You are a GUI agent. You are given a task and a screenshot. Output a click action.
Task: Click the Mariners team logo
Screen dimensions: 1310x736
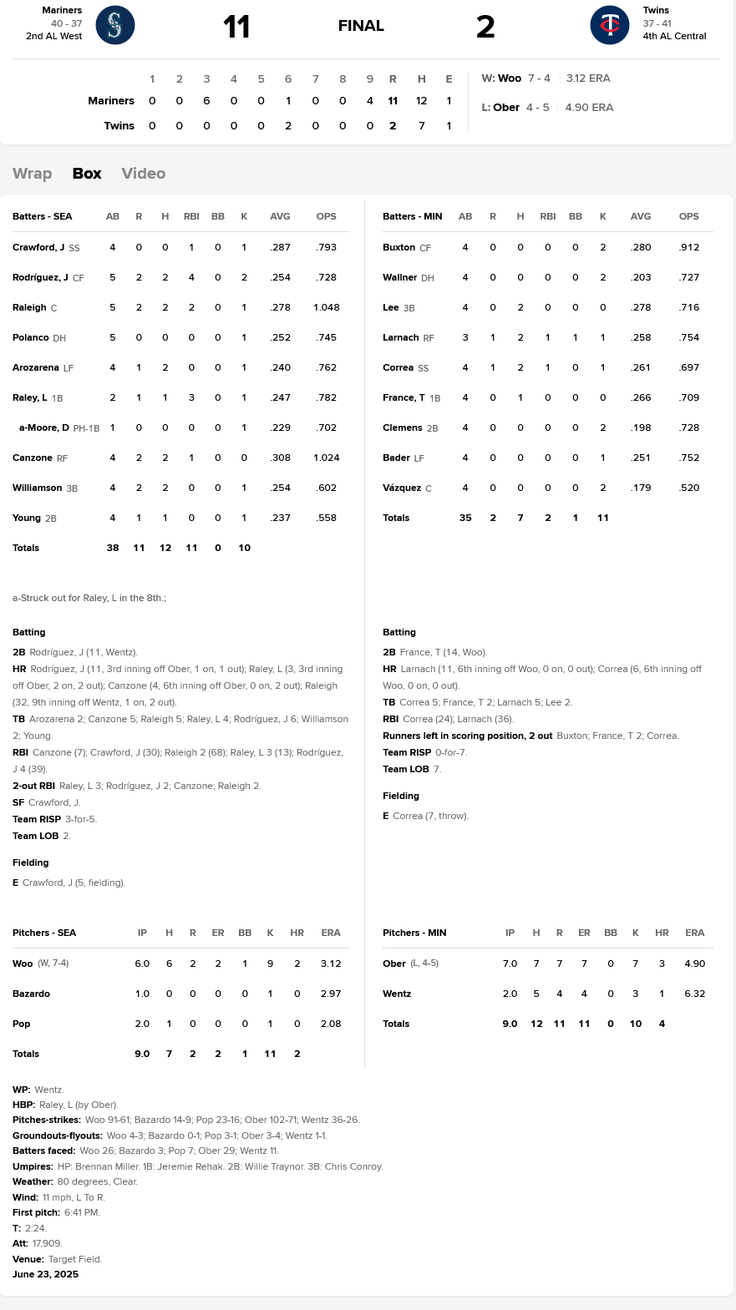coord(115,25)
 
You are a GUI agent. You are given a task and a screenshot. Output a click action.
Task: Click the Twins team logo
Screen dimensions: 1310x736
coord(610,25)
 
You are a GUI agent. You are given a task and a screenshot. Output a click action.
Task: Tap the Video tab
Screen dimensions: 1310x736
coord(144,174)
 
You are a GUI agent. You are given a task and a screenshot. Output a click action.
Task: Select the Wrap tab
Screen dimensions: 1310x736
coord(33,174)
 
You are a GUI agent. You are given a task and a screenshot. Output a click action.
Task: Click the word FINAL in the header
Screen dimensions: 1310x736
coord(361,26)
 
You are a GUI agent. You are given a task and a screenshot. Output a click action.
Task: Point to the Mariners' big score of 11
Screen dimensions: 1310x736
coord(236,27)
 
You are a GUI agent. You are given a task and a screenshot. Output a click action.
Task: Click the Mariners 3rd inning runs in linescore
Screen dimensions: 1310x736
coord(206,101)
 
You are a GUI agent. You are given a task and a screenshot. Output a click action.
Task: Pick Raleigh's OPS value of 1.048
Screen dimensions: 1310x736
coord(327,307)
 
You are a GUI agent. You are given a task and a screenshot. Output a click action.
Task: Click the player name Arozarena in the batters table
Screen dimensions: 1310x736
coord(36,367)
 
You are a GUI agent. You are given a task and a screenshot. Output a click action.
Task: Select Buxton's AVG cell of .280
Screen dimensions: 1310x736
coord(641,247)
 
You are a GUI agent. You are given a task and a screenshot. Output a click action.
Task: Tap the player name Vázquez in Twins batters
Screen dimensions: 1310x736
coord(402,488)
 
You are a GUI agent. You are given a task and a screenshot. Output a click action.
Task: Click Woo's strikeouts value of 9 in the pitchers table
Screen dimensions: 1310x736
coord(270,964)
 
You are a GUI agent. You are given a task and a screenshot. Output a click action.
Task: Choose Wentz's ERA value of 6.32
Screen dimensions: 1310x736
coord(694,994)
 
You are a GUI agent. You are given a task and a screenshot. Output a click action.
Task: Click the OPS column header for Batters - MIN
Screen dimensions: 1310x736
coord(688,216)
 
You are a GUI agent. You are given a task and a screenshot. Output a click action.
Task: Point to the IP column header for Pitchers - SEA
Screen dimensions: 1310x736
coord(142,933)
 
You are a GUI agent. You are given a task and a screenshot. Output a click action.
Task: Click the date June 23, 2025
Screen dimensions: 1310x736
coord(46,1274)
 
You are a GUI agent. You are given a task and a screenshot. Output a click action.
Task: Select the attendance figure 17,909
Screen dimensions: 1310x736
coord(48,1243)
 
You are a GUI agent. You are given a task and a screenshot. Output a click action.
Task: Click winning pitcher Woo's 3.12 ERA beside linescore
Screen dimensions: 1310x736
coord(588,78)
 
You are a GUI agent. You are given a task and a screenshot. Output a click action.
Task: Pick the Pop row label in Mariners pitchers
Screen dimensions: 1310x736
coord(22,1024)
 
